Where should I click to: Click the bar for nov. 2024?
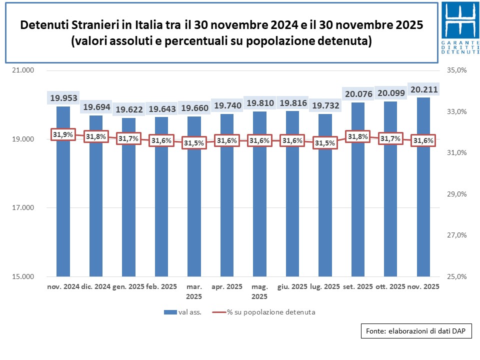(x=63, y=200)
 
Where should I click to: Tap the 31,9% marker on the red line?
(x=63, y=134)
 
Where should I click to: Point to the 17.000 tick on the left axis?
(x=22, y=208)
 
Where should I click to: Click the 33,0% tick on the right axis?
(x=455, y=111)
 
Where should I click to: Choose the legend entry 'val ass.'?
(x=182, y=312)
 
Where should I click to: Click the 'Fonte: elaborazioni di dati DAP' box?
(x=416, y=331)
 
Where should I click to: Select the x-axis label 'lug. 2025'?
(x=325, y=287)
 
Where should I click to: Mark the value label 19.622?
(x=128, y=109)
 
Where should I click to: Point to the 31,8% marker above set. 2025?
(x=357, y=136)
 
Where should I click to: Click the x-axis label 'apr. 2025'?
(x=227, y=287)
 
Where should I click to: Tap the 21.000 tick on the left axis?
(x=22, y=70)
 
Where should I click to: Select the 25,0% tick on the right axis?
(x=455, y=276)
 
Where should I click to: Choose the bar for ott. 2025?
(x=390, y=200)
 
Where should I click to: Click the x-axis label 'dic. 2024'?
(x=96, y=287)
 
